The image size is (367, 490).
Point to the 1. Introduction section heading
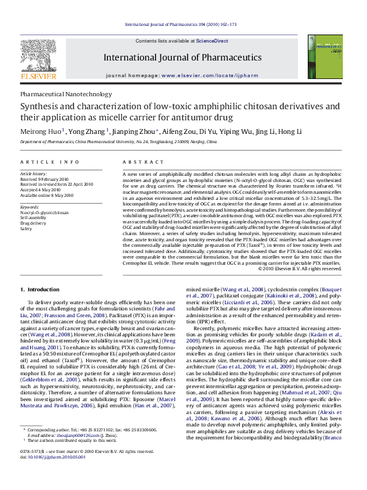[40, 288]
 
